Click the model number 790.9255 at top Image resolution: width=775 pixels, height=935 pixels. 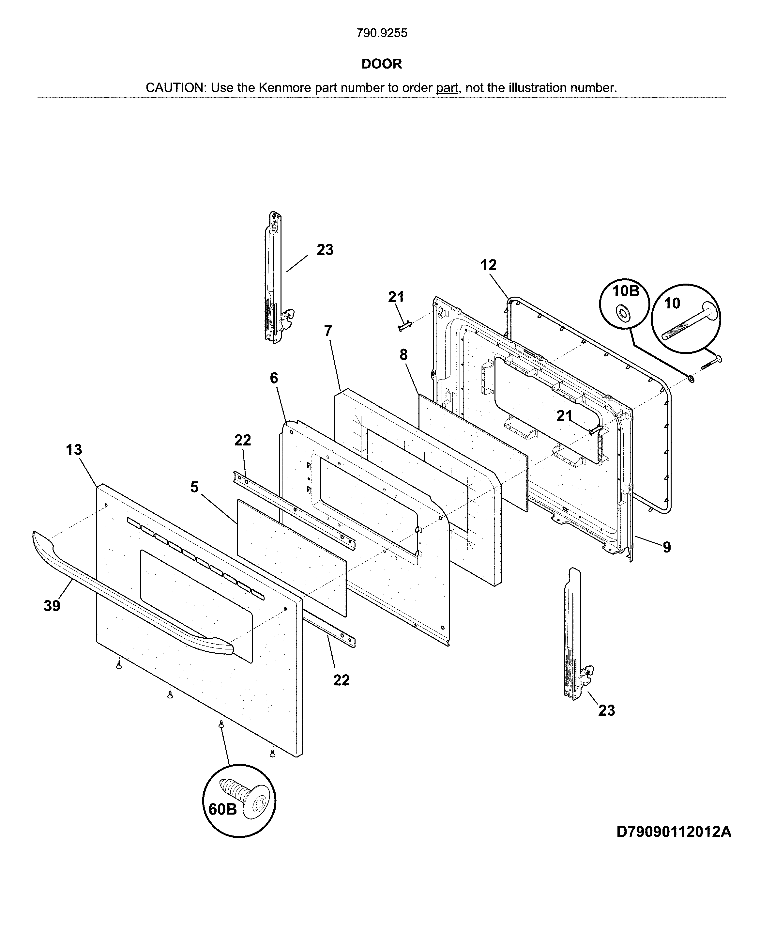(x=381, y=33)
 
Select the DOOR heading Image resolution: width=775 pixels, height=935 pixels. (x=381, y=64)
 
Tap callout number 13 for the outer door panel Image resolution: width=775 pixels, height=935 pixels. (x=74, y=450)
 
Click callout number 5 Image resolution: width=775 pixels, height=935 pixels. (x=194, y=487)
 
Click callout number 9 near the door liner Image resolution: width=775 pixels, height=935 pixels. (x=666, y=547)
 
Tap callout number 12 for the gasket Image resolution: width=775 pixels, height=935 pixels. (x=488, y=265)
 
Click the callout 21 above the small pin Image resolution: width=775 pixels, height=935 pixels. (x=396, y=297)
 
